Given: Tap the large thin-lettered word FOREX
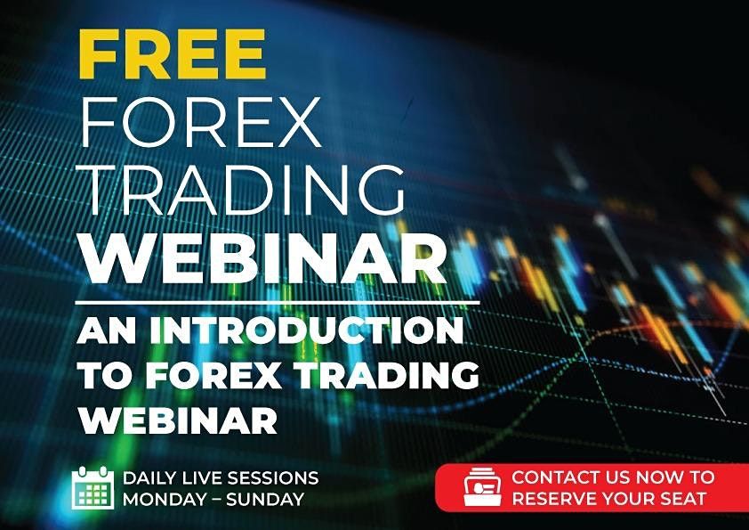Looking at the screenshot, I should tap(198, 120).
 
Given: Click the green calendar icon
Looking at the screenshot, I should tap(93, 487).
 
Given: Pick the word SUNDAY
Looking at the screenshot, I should tap(268, 499).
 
